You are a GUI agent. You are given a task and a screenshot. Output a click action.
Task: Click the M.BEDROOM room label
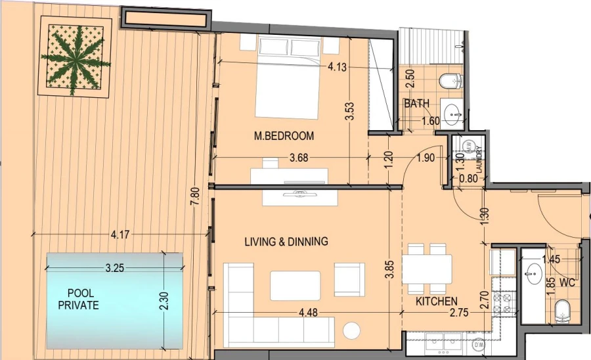(x=284, y=136)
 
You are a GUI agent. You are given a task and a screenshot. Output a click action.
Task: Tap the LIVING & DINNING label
(x=286, y=242)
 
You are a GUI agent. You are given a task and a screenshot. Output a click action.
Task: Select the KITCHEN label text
(x=436, y=302)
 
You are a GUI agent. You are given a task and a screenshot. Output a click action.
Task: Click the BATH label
(x=416, y=104)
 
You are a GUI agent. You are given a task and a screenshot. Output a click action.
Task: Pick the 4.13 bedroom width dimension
(x=336, y=66)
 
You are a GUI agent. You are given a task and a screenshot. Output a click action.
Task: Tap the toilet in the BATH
(x=451, y=81)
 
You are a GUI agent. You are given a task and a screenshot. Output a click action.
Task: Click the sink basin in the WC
(x=534, y=270)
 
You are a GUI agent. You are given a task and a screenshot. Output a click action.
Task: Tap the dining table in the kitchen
(x=426, y=269)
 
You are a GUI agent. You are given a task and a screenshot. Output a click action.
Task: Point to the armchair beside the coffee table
(x=349, y=279)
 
